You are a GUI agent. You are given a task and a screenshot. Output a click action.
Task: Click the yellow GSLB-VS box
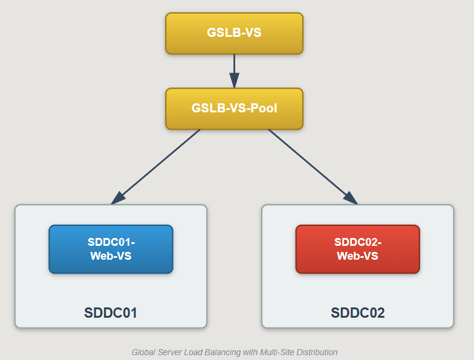point(234,33)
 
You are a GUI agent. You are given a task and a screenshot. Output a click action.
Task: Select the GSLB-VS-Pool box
point(234,109)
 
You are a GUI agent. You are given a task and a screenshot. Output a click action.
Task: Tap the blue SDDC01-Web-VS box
point(111,249)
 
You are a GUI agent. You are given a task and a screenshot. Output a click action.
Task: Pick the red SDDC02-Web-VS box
point(357,249)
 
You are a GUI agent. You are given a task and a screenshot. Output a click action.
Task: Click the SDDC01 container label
point(111,313)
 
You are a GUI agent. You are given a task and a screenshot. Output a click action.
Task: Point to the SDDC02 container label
point(357,313)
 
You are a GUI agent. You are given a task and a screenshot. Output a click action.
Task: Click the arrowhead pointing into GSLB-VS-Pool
point(234,81)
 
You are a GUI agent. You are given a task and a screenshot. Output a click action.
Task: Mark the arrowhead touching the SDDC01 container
point(118,198)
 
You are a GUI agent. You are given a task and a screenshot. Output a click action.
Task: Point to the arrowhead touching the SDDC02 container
point(350,198)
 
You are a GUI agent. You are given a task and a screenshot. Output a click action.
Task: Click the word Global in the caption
point(143,352)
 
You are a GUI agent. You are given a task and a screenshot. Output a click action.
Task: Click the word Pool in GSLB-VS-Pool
point(264,109)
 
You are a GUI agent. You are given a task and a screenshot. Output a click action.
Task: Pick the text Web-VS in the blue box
point(111,256)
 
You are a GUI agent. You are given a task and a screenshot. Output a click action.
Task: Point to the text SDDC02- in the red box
point(357,242)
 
